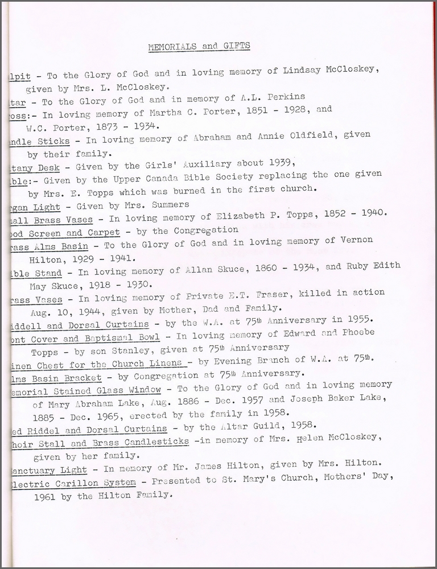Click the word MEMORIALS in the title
point(170,46)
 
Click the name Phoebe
point(357,333)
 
